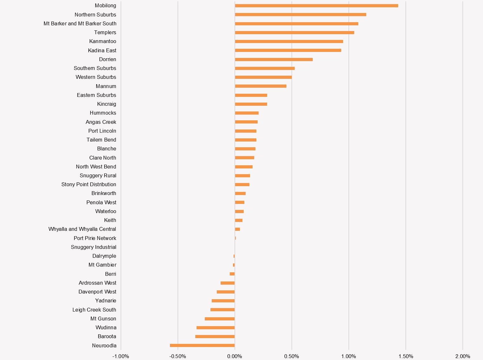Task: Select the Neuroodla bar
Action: point(202,345)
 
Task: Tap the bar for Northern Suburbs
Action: point(300,15)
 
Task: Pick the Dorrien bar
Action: point(274,60)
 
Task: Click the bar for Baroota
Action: point(215,337)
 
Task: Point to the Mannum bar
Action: point(260,86)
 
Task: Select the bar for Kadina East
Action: point(288,50)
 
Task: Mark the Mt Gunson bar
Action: point(220,319)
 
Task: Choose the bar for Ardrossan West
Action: point(228,283)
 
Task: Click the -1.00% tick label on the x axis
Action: point(121,356)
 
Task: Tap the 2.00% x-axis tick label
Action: point(462,356)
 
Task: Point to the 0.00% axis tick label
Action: point(235,356)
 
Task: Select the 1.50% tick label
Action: point(405,356)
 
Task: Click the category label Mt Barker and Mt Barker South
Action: point(80,23)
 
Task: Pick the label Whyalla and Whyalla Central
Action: point(82,229)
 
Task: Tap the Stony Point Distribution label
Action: point(89,184)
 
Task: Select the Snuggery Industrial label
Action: point(93,247)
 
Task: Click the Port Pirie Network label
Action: point(95,238)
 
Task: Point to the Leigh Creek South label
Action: point(94,310)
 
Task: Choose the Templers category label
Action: point(105,32)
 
